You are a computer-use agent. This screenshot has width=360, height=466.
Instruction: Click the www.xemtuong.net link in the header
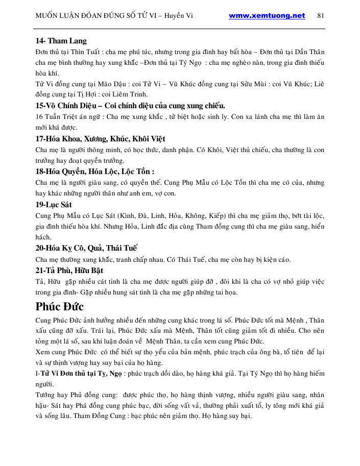pyautogui.click(x=267, y=15)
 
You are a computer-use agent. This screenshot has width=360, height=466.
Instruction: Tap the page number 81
pyautogui.click(x=321, y=15)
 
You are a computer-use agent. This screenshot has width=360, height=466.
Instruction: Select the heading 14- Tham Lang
pyautogui.click(x=61, y=41)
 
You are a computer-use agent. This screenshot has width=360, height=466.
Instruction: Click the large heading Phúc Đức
pyautogui.click(x=60, y=307)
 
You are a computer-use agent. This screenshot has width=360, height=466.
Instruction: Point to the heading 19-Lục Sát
pyautogui.click(x=54, y=205)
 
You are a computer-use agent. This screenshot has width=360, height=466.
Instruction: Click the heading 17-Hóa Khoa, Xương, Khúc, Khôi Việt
pyautogui.click(x=100, y=139)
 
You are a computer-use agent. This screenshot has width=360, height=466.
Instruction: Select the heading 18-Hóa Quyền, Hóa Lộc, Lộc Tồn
pyautogui.click(x=94, y=171)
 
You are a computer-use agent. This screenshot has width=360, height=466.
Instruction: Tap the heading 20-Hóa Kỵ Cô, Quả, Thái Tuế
pyautogui.click(x=86, y=249)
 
